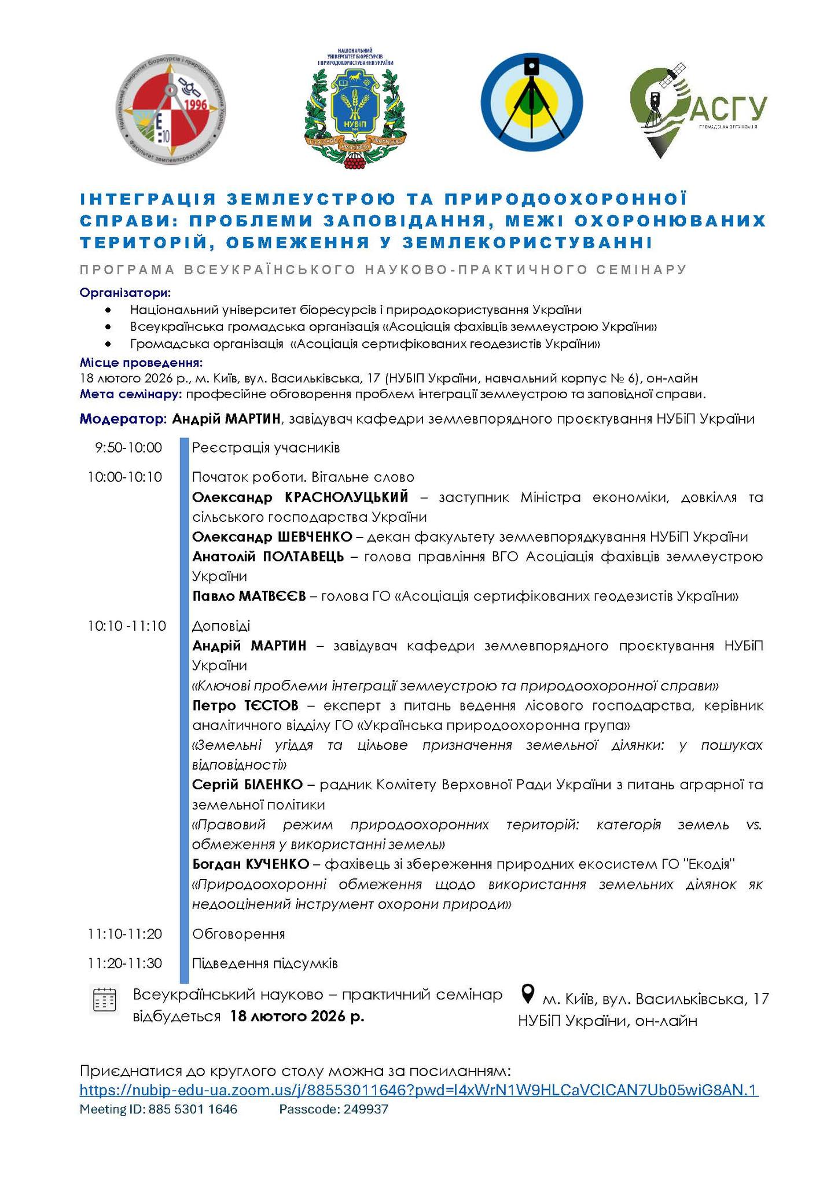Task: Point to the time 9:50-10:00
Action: coord(125,448)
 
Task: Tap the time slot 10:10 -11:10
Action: coord(127,625)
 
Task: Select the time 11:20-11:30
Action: coord(125,963)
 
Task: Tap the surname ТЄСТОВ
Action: coord(270,706)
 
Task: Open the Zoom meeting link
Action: coord(419,1091)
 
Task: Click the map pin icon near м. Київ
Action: coord(528,994)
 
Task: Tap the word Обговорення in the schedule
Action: coord(238,934)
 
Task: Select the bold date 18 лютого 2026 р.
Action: coord(297,1017)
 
